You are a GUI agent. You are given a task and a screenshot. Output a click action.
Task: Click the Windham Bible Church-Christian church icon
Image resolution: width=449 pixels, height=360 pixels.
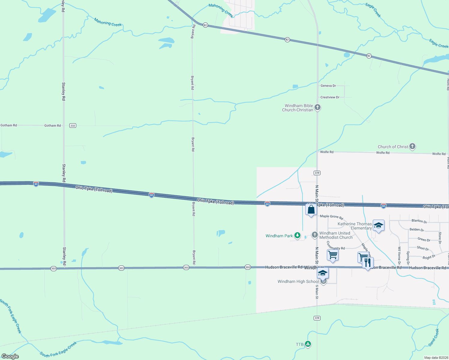pyautogui.click(x=318, y=107)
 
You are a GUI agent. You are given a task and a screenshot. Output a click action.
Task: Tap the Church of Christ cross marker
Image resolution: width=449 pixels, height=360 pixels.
pyautogui.click(x=412, y=146)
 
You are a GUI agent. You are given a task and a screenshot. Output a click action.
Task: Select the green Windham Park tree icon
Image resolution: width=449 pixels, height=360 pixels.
pyautogui.click(x=297, y=235)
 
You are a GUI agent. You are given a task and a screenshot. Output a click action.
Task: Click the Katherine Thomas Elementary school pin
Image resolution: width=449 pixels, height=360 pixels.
pyautogui.click(x=378, y=226)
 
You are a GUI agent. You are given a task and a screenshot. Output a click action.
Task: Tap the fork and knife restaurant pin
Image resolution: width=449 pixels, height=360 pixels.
pyautogui.click(x=368, y=263)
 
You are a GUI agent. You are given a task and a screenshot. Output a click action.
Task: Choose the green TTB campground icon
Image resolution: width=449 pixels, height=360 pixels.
pyautogui.click(x=308, y=344)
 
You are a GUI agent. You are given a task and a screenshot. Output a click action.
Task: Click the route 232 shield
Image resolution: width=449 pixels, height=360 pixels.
pyautogui.click(x=73, y=125)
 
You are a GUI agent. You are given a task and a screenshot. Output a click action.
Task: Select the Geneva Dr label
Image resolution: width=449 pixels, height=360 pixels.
pyautogui.click(x=328, y=86)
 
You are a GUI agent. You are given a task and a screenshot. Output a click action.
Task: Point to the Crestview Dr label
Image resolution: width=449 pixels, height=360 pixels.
pyautogui.click(x=330, y=97)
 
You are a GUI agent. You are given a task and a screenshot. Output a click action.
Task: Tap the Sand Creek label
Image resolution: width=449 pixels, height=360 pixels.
pyautogui.click(x=434, y=337)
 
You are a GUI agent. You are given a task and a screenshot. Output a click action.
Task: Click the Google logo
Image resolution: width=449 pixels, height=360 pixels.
pyautogui.click(x=10, y=356)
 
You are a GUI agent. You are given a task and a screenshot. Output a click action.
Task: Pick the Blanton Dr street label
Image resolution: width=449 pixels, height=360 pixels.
pyautogui.click(x=419, y=221)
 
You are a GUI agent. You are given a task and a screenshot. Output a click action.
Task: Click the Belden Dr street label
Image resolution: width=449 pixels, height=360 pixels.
pyautogui.click(x=417, y=230)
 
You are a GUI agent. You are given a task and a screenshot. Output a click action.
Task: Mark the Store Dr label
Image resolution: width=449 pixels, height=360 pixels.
pyautogui.click(x=440, y=238)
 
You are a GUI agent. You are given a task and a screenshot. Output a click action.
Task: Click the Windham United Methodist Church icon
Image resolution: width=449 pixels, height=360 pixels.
pyautogui.click(x=315, y=235)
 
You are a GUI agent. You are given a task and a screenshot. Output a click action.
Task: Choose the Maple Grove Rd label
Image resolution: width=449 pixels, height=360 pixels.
pyautogui.click(x=331, y=217)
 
